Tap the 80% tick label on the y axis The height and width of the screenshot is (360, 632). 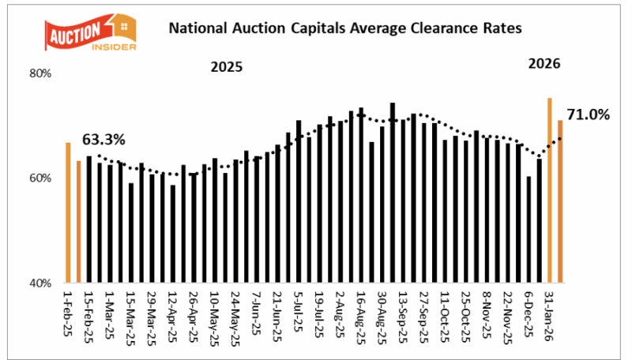tap(40, 73)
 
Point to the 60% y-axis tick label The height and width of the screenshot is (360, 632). tap(40, 178)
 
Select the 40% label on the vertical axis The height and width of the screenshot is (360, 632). tap(40, 283)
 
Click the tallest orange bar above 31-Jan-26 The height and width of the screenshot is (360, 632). tap(550, 190)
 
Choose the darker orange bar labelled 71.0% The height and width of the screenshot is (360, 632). tap(560, 201)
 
